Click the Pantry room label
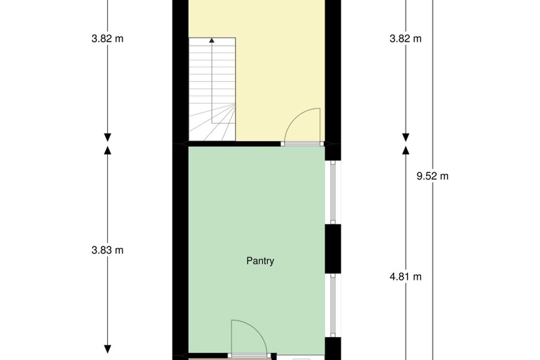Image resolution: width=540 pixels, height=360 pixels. pyautogui.click(x=260, y=261)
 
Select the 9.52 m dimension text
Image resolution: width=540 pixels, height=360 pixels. pyautogui.click(x=433, y=177)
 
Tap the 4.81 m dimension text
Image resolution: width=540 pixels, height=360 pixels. pyautogui.click(x=405, y=277)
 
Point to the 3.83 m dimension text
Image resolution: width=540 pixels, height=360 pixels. pyautogui.click(x=107, y=250)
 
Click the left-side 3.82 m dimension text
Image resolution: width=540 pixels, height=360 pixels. pyautogui.click(x=107, y=39)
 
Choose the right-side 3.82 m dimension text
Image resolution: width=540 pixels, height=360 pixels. pyautogui.click(x=405, y=39)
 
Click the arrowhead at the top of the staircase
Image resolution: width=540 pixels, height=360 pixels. pyautogui.click(x=212, y=40)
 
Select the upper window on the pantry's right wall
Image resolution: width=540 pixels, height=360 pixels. pyautogui.click(x=333, y=192)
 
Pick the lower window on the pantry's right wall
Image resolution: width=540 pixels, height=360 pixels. pyautogui.click(x=333, y=305)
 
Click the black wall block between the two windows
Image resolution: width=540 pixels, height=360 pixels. pyautogui.click(x=333, y=249)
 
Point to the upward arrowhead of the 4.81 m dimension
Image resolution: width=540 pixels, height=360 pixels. pyautogui.click(x=406, y=150)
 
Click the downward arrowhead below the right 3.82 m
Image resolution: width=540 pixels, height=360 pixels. pyautogui.click(x=406, y=138)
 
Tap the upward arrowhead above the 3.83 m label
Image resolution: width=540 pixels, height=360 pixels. pyautogui.click(x=107, y=150)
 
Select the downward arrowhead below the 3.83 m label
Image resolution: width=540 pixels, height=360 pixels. pyautogui.click(x=107, y=349)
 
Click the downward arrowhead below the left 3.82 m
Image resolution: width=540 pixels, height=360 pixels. pyautogui.click(x=107, y=138)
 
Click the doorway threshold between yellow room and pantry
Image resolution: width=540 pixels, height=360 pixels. pyautogui.click(x=303, y=144)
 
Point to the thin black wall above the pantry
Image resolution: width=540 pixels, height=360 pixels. pyautogui.click(x=234, y=144)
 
